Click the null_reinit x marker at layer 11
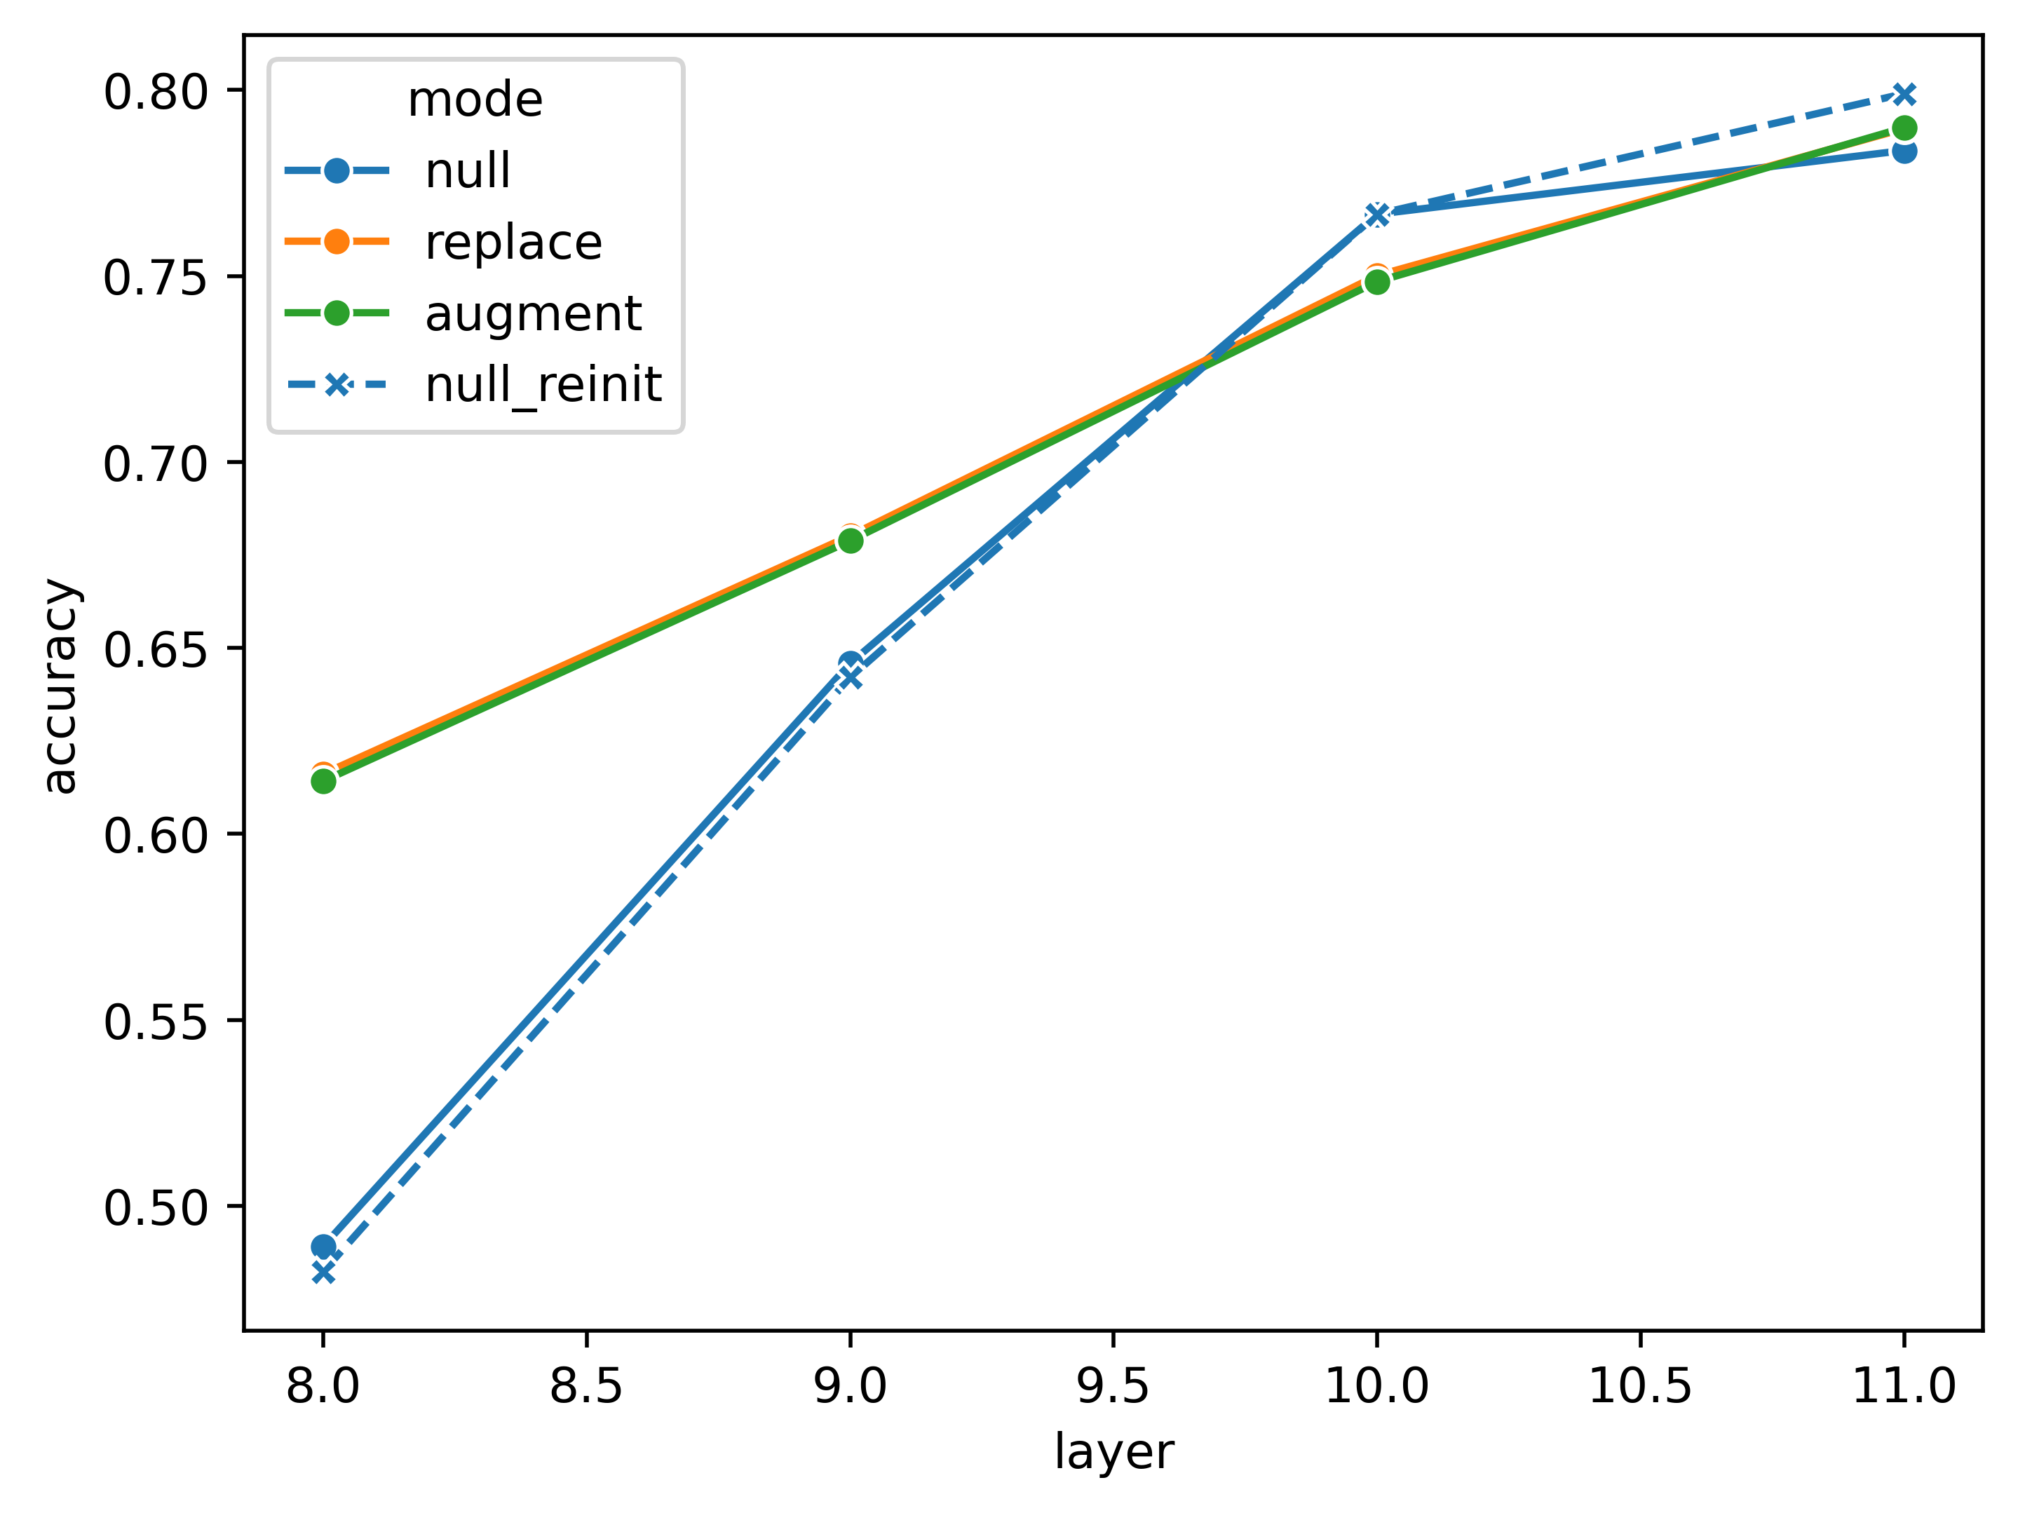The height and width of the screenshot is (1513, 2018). (1904, 94)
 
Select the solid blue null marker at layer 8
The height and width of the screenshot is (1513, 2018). (323, 1247)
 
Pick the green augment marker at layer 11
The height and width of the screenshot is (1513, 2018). (1904, 128)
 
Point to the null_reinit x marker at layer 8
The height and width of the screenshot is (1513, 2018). (323, 1273)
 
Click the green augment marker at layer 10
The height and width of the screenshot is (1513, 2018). (1376, 282)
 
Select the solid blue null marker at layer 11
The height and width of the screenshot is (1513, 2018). (1904, 151)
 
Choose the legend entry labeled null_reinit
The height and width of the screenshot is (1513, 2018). (542, 384)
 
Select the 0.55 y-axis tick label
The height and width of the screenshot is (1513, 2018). (156, 1022)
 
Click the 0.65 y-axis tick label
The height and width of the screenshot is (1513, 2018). (156, 649)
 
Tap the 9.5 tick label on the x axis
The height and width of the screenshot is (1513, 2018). (1113, 1387)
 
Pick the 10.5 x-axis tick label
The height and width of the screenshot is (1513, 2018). (1639, 1387)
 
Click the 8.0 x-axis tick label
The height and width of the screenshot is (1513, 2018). (323, 1387)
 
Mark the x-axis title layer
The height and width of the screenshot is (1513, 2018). (1113, 1452)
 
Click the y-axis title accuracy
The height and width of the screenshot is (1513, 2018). (62, 686)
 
